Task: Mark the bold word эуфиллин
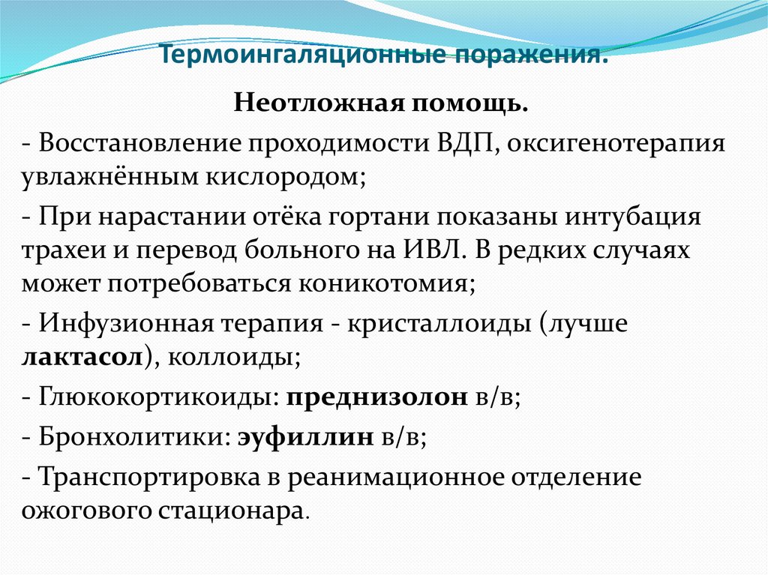[x=306, y=437]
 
